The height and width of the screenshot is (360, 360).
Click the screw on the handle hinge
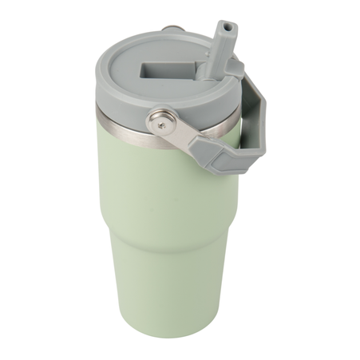(x=164, y=124)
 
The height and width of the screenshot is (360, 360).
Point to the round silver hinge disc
(x=163, y=124)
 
